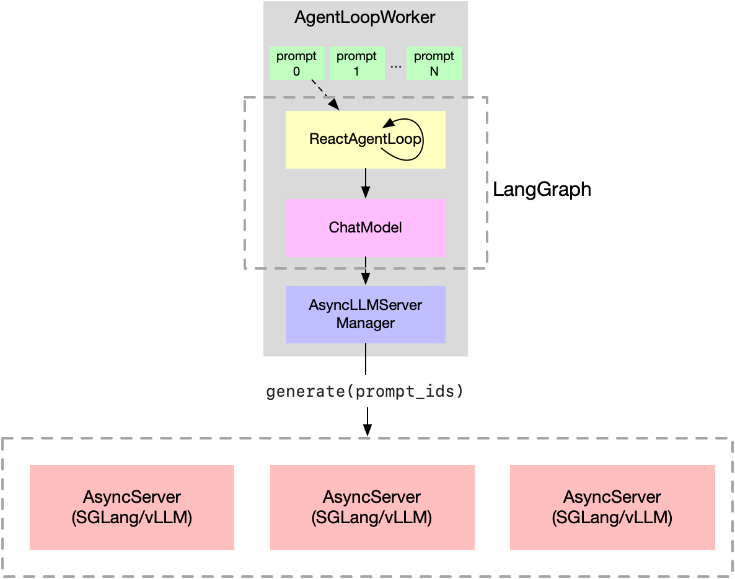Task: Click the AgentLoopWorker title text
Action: [365, 17]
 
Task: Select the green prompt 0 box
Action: [296, 63]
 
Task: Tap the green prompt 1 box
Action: [356, 63]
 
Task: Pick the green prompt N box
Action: [434, 63]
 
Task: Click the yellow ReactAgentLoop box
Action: [328, 155]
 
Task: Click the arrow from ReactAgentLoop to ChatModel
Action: [366, 183]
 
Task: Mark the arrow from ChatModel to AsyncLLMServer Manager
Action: [366, 271]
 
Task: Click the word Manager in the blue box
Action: [366, 323]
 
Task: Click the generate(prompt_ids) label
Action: [366, 392]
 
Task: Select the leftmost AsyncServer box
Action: [132, 507]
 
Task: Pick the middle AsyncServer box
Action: [372, 507]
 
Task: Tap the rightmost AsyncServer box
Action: [612, 507]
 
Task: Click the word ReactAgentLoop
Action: [356, 139]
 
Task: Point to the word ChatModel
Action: [366, 228]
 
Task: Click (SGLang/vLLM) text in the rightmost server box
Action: [612, 517]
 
